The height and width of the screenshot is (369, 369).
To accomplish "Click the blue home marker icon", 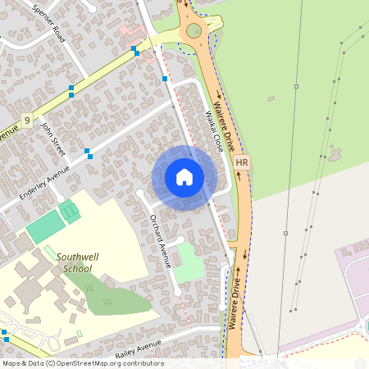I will (184, 177).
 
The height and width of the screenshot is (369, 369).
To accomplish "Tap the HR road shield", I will (241, 163).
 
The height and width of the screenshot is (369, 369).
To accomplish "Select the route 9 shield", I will (27, 121).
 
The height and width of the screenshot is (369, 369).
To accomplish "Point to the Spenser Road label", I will (48, 23).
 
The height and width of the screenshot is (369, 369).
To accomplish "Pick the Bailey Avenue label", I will (139, 348).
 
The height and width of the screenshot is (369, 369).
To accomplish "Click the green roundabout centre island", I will (194, 31).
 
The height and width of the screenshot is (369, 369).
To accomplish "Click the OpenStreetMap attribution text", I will (82, 363).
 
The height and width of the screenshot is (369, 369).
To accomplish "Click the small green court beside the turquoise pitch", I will (70, 211).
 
